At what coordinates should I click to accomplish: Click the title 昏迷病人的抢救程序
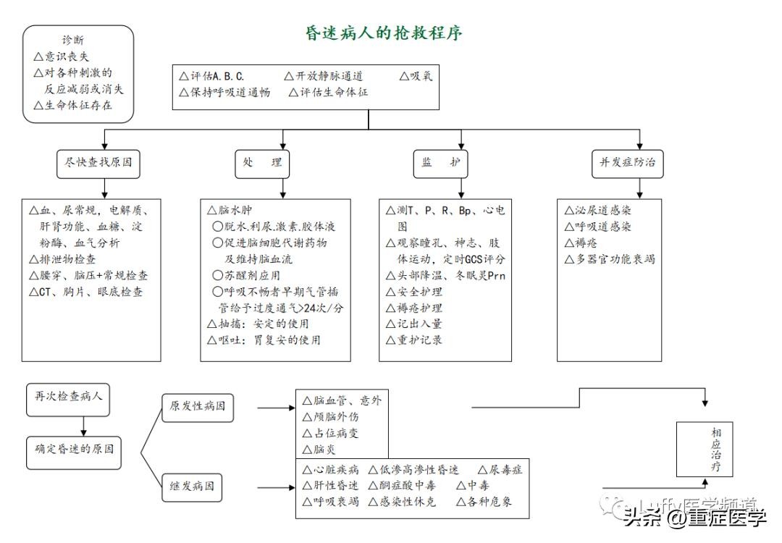383,33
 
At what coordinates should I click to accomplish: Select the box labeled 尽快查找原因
98,163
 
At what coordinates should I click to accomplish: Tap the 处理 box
258,163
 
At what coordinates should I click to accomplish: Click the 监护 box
440,163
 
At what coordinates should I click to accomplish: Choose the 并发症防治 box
627,163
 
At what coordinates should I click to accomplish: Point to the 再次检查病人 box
69,396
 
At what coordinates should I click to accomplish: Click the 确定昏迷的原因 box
74,449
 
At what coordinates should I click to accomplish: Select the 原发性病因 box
198,406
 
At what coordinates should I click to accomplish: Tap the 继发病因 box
192,487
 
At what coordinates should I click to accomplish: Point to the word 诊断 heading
77,41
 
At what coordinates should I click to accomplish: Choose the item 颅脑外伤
335,417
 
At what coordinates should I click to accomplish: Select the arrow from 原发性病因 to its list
275,407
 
